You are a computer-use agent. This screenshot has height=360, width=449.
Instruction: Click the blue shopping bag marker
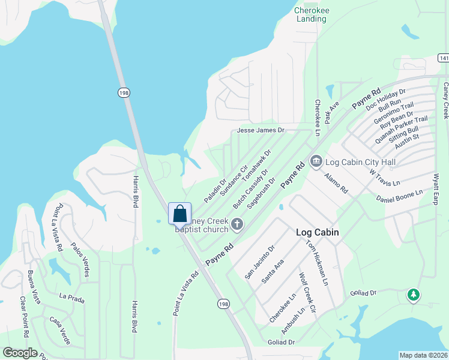179,214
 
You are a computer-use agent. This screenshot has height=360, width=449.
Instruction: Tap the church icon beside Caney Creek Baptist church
237,224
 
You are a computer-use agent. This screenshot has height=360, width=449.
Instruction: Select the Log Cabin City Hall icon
316,161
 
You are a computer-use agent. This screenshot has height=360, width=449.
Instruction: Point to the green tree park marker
413,295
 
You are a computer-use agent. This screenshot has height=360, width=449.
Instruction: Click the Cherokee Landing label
310,14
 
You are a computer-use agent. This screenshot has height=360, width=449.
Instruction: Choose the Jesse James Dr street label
261,130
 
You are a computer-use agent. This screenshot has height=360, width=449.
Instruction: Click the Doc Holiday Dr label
386,99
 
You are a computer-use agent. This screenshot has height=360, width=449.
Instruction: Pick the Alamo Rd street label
336,181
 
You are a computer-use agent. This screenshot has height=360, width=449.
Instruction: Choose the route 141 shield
443,58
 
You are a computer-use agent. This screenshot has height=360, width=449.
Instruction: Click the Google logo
20,353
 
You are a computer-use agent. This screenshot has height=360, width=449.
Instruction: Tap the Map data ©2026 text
424,355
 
